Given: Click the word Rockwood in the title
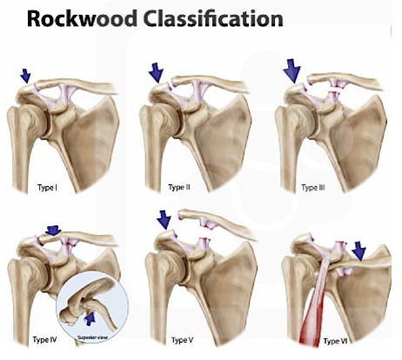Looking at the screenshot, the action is click(82, 19).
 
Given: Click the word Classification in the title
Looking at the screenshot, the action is click(213, 19).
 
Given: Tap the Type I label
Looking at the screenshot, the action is click(47, 188).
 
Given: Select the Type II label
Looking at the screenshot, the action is click(179, 187).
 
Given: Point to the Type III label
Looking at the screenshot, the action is click(313, 188).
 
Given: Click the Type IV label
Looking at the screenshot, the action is click(44, 339).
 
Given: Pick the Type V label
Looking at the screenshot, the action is click(182, 340).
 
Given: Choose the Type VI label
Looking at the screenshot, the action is click(335, 341).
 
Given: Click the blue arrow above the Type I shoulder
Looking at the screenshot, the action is click(25, 76).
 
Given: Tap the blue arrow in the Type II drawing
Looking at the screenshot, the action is click(156, 73).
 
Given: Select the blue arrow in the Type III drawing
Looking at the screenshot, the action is click(293, 70).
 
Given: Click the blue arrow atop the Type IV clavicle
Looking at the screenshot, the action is click(53, 230).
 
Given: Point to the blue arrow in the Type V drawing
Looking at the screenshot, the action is click(164, 220).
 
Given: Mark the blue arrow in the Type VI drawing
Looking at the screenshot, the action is click(359, 251).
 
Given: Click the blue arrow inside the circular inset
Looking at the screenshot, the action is click(90, 319).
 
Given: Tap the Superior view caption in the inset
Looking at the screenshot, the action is click(92, 337).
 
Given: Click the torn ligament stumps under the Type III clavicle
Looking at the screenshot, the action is click(335, 89).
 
